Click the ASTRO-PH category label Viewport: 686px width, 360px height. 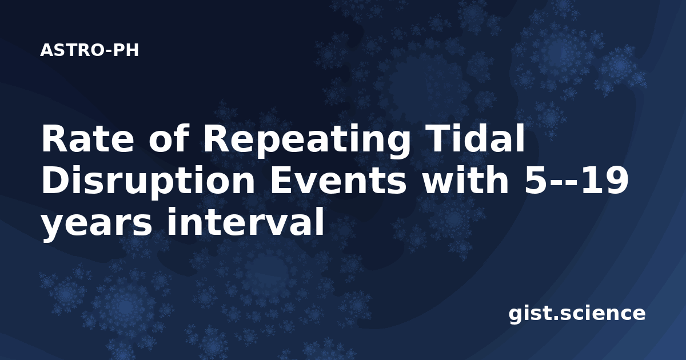89,50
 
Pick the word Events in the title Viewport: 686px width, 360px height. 338,180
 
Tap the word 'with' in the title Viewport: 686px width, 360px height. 465,179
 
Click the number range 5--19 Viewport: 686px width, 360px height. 576,180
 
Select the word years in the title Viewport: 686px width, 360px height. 97,225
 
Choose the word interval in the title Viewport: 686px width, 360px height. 245,221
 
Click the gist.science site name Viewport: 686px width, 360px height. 577,314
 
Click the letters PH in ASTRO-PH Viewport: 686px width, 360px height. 126,50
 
